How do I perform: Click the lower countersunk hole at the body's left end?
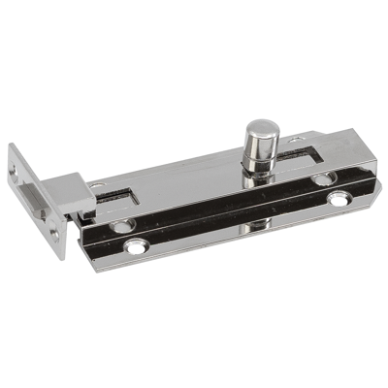click(123, 225)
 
